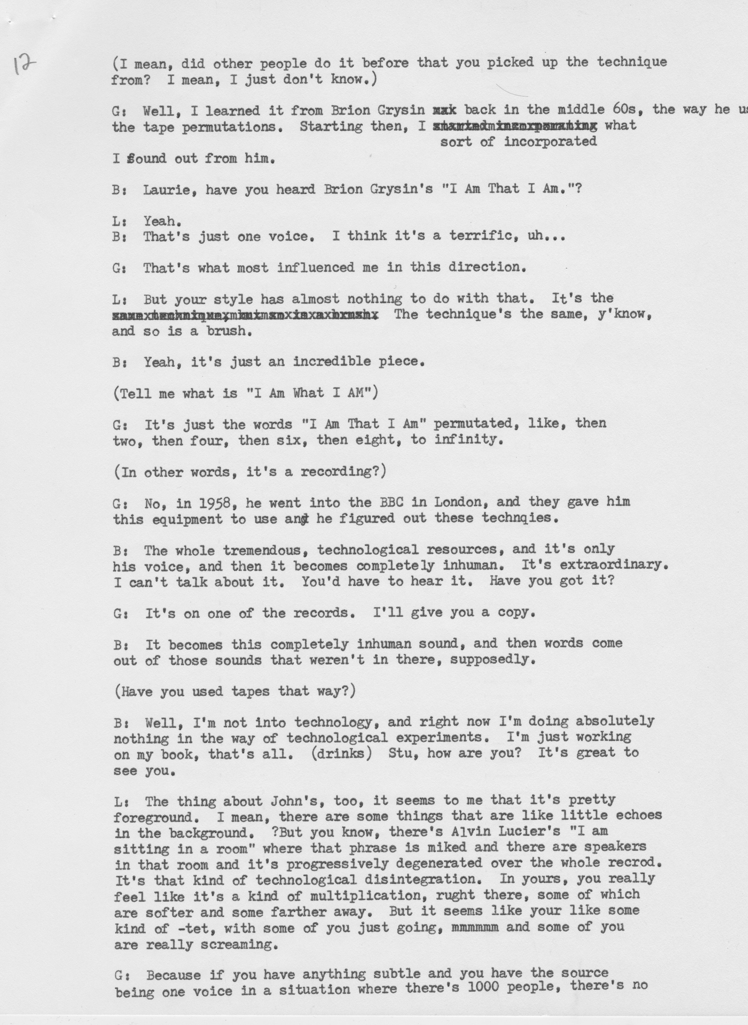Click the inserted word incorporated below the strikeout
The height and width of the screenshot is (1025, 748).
click(550, 142)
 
